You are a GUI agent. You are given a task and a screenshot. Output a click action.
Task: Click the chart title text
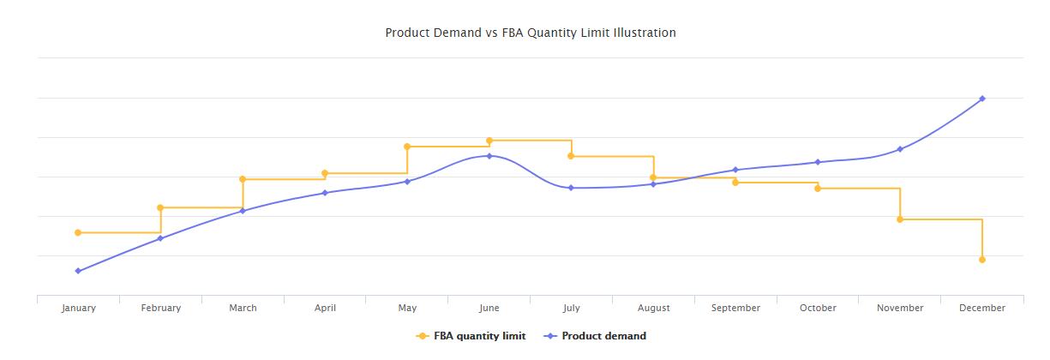point(531,33)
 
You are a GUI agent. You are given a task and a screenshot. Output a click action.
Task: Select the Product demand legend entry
point(603,336)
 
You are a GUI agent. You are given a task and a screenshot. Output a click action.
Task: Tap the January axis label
point(79,308)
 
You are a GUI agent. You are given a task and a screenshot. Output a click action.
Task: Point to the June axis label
point(489,308)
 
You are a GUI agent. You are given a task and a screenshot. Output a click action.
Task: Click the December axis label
point(982,308)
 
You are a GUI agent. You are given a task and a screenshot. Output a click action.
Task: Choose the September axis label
point(735,308)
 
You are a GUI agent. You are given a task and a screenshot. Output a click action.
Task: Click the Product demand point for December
point(982,99)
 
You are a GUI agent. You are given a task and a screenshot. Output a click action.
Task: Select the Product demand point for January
point(78,271)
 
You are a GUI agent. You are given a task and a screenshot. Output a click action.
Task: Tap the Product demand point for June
point(489,156)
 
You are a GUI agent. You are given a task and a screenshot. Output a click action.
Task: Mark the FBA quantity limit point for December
point(982,260)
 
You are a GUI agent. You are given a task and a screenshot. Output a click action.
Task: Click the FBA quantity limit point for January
point(78,232)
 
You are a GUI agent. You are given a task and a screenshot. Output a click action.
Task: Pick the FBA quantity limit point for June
point(489,141)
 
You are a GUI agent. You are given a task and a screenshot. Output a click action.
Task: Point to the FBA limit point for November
point(900,219)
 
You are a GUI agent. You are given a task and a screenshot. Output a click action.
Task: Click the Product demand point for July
point(571,188)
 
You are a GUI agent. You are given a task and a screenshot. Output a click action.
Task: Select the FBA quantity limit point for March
point(243,179)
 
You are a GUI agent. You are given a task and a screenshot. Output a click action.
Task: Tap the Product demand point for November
point(900,149)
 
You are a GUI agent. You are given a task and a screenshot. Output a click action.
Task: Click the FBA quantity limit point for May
point(407,147)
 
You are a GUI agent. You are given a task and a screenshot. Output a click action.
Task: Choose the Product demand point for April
point(325,193)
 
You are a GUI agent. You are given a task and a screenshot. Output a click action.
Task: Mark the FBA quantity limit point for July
point(571,156)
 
